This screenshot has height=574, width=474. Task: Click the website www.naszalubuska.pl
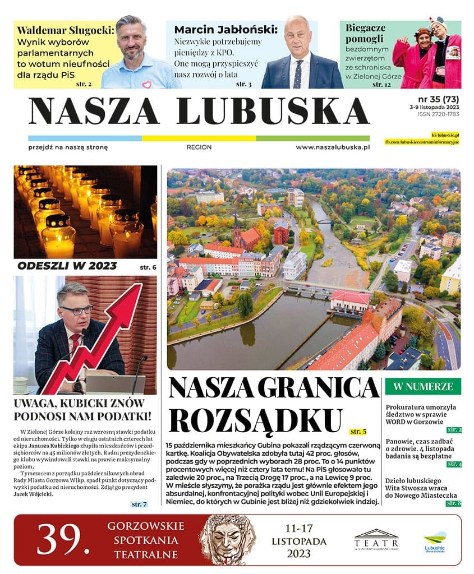point(332,147)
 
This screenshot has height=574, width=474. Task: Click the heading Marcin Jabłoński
point(226,30)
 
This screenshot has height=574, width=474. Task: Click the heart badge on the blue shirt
point(146,85)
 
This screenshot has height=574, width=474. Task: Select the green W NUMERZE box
point(423,386)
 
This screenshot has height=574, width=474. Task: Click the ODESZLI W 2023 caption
point(67,266)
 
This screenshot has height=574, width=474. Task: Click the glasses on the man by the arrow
point(76,309)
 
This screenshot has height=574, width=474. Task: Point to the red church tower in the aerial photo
point(237,230)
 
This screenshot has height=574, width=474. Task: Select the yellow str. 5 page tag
point(357,432)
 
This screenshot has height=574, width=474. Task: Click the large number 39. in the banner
point(63,540)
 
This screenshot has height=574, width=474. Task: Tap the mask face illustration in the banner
point(227,539)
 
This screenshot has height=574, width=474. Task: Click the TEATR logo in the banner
point(376,541)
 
